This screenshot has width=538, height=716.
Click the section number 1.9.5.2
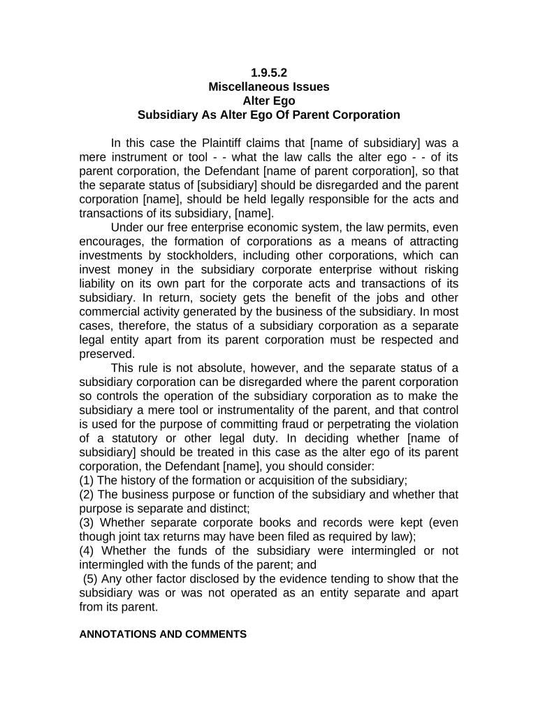pos(269,73)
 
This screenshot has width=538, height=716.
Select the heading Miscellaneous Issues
pos(269,87)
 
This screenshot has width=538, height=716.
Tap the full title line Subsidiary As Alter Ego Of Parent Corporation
pos(269,115)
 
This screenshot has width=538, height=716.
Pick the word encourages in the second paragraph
pos(110,241)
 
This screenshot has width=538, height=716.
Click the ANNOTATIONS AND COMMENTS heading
pos(163,634)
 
